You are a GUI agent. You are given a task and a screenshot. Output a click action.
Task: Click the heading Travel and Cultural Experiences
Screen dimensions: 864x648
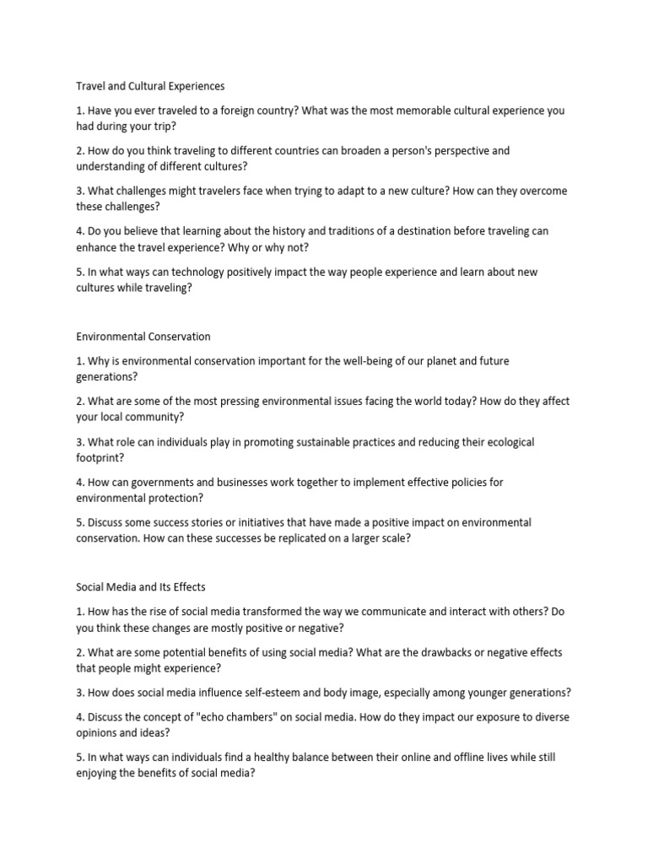click(150, 86)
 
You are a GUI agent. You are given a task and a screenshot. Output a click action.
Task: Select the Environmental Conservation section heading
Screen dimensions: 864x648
click(143, 337)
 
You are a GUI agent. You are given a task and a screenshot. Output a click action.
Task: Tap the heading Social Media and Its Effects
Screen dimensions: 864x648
click(141, 586)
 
